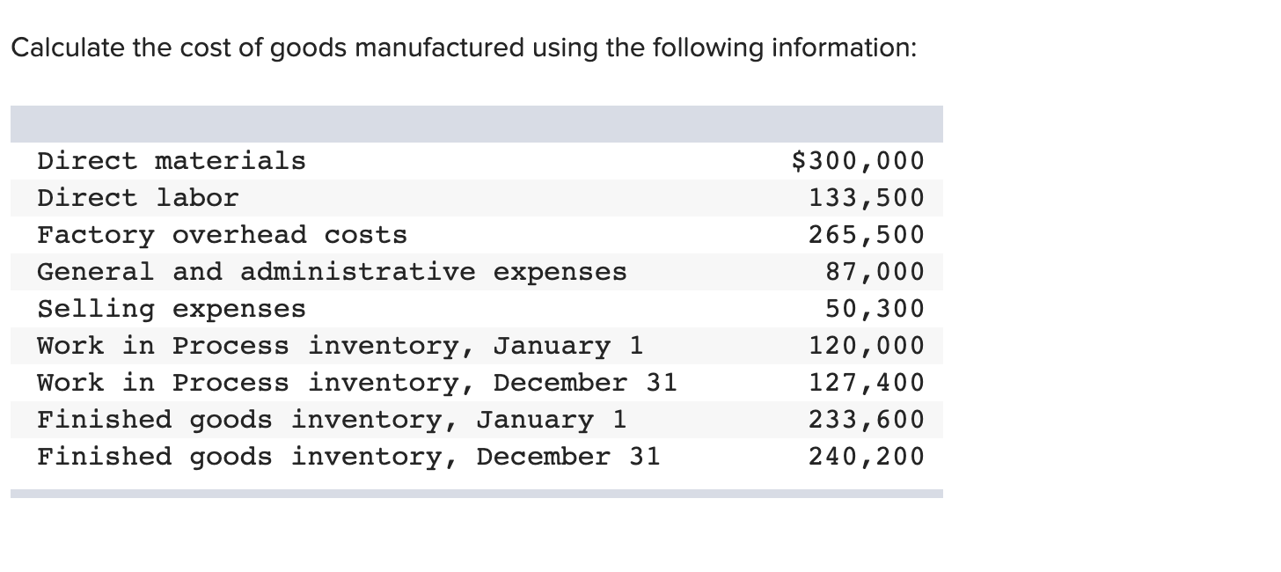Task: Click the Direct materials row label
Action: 172,161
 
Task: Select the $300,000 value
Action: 858,161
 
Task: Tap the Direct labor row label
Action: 137,198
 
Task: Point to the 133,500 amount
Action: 867,198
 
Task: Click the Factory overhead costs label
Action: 222,235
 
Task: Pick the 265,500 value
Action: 867,235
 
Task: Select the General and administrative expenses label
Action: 332,272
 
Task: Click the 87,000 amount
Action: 875,272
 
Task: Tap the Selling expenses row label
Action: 172,309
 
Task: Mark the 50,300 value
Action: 875,309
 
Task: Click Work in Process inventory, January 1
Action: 340,346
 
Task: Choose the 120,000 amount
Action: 867,346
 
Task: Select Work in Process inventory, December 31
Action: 357,383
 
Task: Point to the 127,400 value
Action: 867,383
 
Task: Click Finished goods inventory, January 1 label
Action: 332,420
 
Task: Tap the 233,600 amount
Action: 867,420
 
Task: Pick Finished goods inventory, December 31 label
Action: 348,457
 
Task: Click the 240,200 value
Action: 867,457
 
